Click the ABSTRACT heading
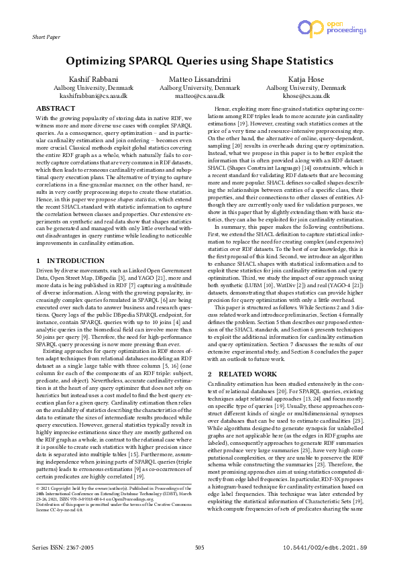(x=55, y=109)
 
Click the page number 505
(x=199, y=548)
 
